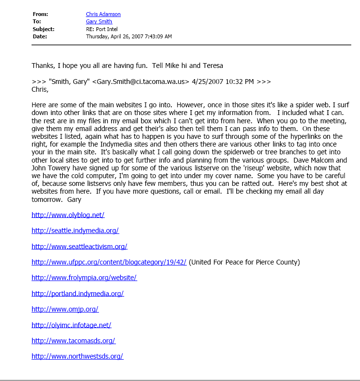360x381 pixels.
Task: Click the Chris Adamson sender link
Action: click(103, 15)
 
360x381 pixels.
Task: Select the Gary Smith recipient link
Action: click(99, 22)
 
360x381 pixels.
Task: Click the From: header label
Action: click(41, 15)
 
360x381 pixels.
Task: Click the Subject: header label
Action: click(44, 29)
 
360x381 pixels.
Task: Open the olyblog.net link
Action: click(68, 215)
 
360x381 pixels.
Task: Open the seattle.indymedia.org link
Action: click(75, 231)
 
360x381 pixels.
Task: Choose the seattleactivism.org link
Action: click(79, 246)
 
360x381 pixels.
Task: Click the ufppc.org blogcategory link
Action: click(109, 262)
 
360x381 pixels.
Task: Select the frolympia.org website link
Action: click(84, 278)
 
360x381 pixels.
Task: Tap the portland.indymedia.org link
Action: click(78, 293)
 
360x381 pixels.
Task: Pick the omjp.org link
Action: click(65, 309)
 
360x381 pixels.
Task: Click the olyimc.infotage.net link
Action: click(71, 325)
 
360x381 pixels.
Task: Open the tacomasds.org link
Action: click(73, 340)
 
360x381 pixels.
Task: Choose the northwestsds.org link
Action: click(77, 356)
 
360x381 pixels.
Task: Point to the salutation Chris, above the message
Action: click(40, 89)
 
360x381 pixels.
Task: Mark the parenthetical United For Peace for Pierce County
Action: click(244, 262)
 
